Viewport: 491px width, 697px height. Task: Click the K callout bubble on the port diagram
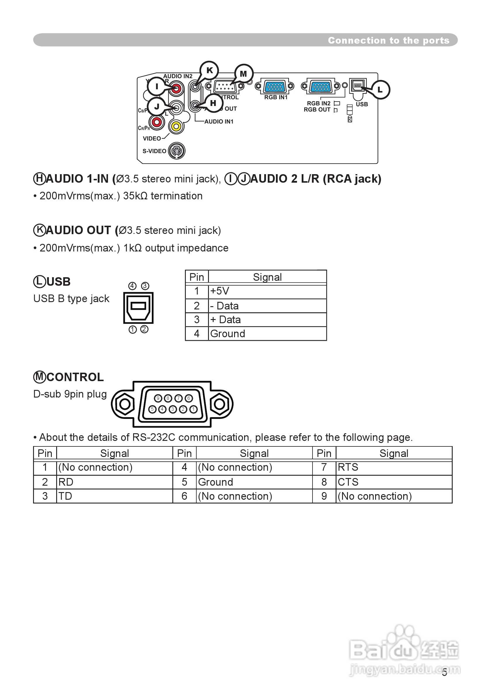click(210, 71)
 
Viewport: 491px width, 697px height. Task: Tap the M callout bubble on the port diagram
click(243, 74)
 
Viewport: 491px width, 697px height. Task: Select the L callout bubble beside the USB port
click(380, 90)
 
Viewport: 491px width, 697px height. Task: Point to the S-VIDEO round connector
click(177, 150)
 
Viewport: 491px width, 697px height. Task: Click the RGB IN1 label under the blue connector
click(276, 97)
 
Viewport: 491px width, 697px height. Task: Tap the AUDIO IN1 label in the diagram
click(219, 121)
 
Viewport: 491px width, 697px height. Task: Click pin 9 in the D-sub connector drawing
click(158, 398)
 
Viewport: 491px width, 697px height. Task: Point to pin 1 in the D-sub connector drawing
click(193, 409)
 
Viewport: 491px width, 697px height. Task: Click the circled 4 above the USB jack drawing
click(132, 286)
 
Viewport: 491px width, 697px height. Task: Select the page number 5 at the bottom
click(444, 673)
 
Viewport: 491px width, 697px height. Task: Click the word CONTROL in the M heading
click(75, 377)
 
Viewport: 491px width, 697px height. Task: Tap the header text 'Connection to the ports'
click(388, 40)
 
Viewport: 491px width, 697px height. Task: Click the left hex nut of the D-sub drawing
click(125, 404)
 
